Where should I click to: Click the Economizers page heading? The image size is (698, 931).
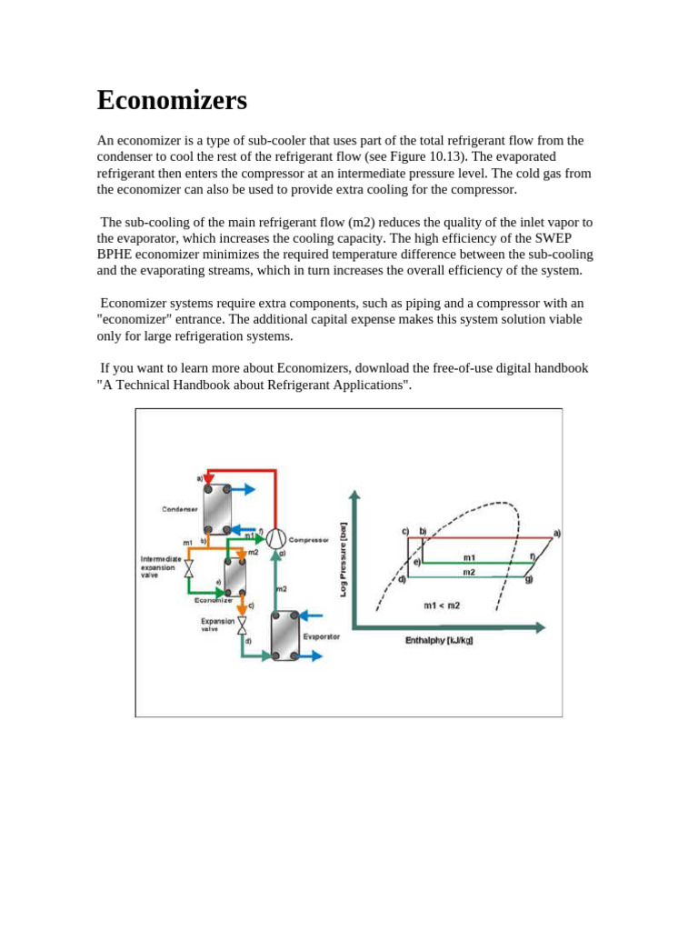click(172, 100)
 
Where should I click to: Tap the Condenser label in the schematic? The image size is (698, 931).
click(179, 509)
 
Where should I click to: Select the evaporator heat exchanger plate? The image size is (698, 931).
click(285, 635)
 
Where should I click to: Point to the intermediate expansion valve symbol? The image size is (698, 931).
click(189, 569)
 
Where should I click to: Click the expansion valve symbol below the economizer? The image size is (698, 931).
click(242, 624)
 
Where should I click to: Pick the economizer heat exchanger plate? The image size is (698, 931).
click(235, 576)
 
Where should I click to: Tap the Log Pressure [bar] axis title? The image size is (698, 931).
click(343, 557)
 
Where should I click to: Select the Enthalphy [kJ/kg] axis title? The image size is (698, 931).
click(439, 641)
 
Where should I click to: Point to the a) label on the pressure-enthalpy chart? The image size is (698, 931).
click(556, 533)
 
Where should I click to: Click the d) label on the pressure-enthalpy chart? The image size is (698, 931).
click(403, 578)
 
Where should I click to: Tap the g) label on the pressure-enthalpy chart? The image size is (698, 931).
click(528, 578)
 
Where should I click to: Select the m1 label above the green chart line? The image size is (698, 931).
click(469, 556)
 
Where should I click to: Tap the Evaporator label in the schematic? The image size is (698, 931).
click(321, 636)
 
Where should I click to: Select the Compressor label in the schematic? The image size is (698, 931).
click(308, 539)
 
